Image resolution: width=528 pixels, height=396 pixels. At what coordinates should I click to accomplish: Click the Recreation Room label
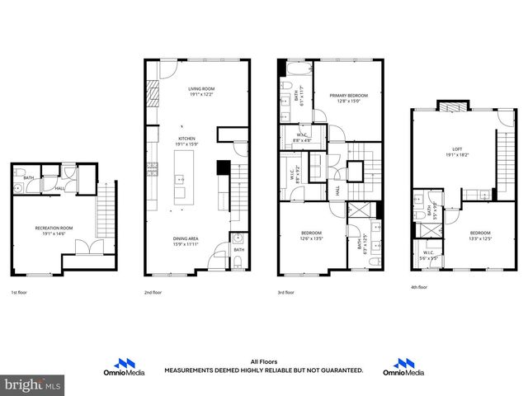(49, 227)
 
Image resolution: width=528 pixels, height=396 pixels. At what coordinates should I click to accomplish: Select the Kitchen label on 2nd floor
(185, 139)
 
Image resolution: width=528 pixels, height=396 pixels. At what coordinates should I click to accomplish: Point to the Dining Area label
(186, 238)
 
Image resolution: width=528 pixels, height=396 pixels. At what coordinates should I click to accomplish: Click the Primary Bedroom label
(349, 96)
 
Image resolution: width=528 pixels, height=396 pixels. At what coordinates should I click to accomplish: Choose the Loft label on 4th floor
(456, 148)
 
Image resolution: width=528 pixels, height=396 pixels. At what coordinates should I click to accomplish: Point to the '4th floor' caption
(418, 287)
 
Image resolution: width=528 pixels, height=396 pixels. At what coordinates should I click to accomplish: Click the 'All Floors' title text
(263, 361)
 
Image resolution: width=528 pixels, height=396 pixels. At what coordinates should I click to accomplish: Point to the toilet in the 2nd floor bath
(238, 263)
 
